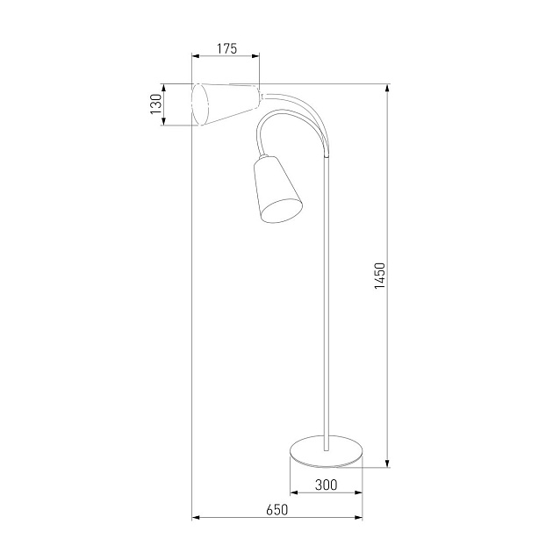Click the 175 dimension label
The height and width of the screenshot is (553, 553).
click(226, 49)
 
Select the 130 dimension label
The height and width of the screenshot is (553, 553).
click(155, 104)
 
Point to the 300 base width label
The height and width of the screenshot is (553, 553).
click(326, 485)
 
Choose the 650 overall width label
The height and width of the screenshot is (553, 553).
click(276, 509)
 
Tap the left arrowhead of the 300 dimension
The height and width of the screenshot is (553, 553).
click(292, 492)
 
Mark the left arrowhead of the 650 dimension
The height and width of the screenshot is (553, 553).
click(196, 517)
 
